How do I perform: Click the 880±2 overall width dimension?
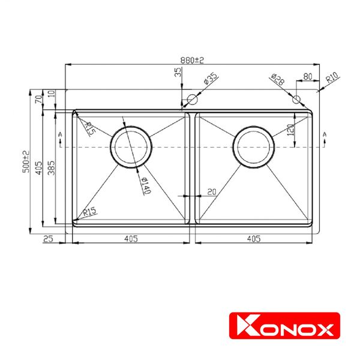point(192,59)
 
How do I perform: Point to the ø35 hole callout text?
point(210,79)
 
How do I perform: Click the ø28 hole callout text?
point(277,79)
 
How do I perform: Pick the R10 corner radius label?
point(332,78)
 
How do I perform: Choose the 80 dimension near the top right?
point(307,77)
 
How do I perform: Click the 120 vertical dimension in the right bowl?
point(289,130)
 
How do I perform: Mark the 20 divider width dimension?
point(211,191)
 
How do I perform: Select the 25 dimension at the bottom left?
point(49,239)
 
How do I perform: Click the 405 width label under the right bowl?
point(253,239)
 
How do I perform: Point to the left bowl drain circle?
point(129,147)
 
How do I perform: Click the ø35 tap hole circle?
point(193,99)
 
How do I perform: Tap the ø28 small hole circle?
point(296,100)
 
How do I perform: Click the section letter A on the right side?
point(325,133)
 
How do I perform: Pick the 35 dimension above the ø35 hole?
point(178,73)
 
